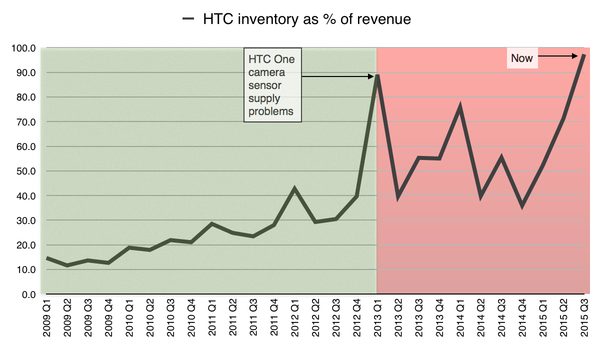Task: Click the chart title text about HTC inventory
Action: (x=306, y=19)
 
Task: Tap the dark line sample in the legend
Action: (x=188, y=19)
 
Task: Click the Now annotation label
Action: (x=522, y=58)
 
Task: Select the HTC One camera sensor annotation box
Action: (x=272, y=85)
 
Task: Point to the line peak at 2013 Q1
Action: (x=377, y=75)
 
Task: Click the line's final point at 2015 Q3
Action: (x=584, y=55)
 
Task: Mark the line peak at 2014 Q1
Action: (x=459, y=107)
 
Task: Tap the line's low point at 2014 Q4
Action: (x=522, y=205)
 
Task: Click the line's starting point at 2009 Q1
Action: (x=46, y=258)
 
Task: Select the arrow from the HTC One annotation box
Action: (x=337, y=76)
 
